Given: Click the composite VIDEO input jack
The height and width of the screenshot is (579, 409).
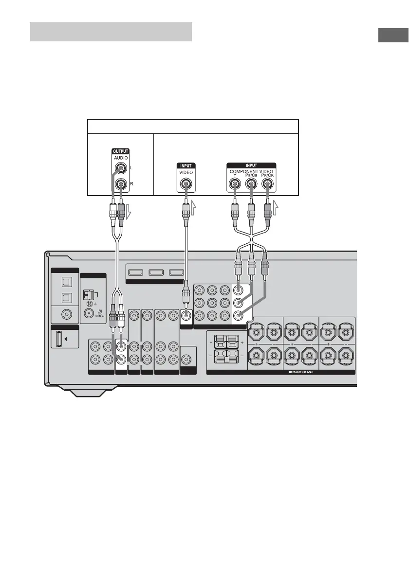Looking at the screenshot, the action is click(x=185, y=184).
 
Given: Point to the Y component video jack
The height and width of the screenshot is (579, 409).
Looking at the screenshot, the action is click(x=235, y=184).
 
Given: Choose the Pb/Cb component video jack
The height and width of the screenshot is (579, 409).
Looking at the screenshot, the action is click(x=251, y=184).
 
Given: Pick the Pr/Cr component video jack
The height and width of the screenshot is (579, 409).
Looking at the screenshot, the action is click(x=267, y=184).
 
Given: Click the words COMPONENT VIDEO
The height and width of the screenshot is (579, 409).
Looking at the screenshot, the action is click(x=251, y=171).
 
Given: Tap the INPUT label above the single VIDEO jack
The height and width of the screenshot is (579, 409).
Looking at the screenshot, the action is click(x=185, y=165).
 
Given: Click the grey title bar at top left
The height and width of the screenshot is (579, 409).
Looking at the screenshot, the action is click(x=111, y=32).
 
